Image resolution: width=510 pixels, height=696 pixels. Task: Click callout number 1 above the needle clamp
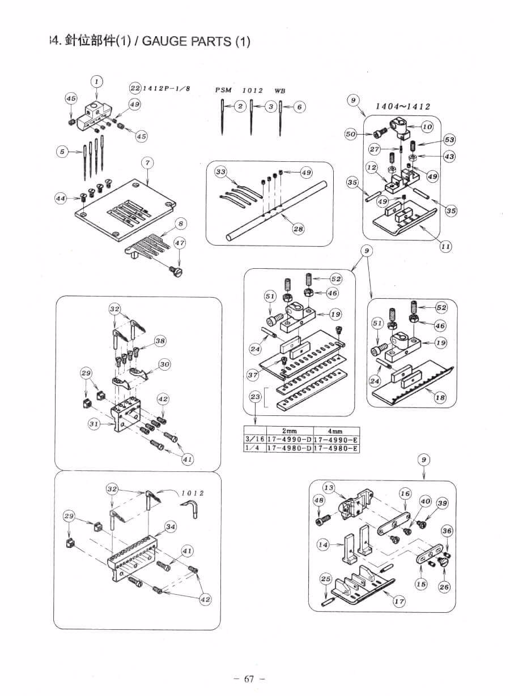(97, 81)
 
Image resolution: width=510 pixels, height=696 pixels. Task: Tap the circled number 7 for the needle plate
(147, 163)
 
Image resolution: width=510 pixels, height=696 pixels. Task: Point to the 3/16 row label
(254, 440)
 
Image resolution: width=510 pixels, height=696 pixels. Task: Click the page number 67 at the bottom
(249, 680)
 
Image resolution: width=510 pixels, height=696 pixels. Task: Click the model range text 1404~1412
(403, 106)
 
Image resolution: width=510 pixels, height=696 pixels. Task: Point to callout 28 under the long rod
(298, 229)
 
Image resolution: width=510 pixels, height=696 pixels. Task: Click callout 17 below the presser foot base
(399, 602)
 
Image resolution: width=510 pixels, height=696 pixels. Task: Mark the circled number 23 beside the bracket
(256, 397)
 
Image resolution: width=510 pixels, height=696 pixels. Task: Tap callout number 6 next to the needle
(300, 106)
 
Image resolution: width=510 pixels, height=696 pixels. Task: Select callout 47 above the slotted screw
(180, 243)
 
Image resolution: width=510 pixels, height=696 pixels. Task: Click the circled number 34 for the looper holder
(171, 527)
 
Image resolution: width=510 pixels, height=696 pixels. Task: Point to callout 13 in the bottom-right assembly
(329, 487)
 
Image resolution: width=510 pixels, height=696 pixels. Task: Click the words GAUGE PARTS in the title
(186, 42)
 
